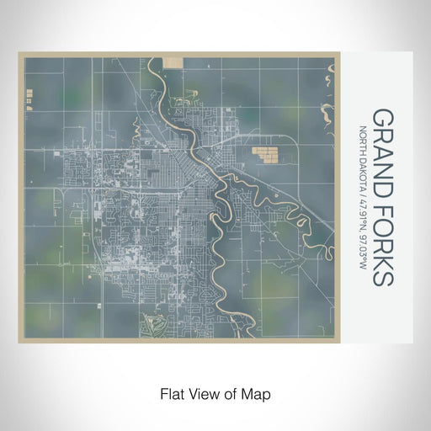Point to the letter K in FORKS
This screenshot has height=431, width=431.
click(382, 257)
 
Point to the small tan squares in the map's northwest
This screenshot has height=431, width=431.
click(29, 100)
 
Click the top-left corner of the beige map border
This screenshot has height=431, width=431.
click(19, 53)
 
